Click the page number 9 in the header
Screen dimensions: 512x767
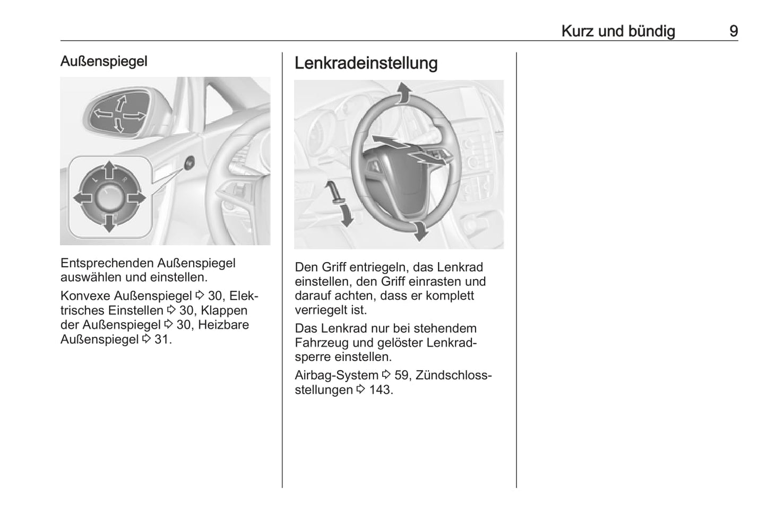[733, 31]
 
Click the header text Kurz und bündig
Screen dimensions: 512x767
[618, 31]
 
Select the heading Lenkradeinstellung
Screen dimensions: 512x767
[366, 63]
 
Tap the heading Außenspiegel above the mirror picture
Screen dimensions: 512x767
[104, 61]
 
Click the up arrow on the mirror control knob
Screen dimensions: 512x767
[109, 170]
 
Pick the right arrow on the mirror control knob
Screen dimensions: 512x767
[136, 198]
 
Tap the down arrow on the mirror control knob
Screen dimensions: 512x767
[109, 223]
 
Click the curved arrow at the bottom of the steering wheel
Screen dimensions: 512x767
[420, 230]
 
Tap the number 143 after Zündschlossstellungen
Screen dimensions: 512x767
[381, 390]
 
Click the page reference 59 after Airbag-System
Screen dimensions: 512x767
[402, 376]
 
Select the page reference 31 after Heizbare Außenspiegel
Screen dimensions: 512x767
[163, 339]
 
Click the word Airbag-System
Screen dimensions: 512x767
[337, 376]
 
